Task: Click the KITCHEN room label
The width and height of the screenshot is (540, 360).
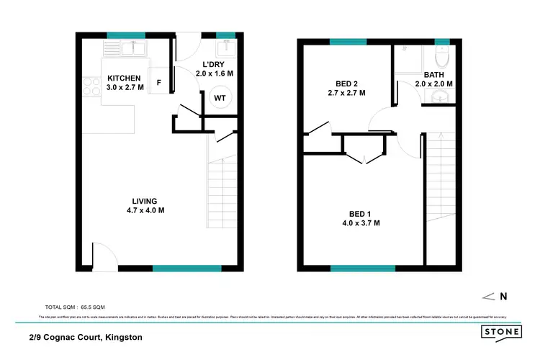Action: [125, 78]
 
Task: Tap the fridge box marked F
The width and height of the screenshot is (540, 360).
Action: [158, 81]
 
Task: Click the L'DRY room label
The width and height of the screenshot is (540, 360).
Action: [215, 63]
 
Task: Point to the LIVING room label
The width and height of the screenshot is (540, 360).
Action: [145, 201]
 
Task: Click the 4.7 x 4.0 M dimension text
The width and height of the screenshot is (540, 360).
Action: [145, 210]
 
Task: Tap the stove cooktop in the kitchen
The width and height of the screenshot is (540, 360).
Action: [92, 88]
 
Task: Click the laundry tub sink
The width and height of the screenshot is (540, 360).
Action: [226, 49]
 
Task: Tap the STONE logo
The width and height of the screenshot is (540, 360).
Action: [502, 332]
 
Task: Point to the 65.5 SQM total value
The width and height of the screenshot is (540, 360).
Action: [101, 306]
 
